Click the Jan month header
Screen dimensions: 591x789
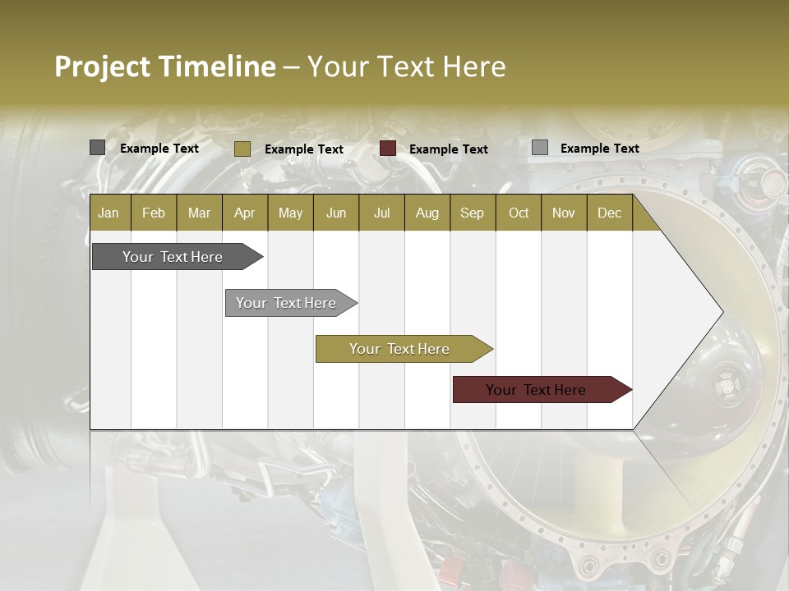click(109, 213)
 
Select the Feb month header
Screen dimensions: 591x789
click(154, 213)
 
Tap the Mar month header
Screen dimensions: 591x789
click(199, 213)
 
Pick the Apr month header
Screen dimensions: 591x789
click(245, 213)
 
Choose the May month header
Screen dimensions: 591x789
click(290, 213)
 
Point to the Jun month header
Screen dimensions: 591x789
click(336, 213)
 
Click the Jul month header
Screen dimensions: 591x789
click(381, 213)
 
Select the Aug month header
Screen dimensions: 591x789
click(427, 213)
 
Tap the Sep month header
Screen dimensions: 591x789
click(473, 213)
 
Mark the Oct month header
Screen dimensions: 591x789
click(519, 213)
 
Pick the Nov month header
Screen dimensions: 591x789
click(564, 213)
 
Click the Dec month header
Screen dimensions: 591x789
click(609, 213)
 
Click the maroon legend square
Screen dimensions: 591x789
click(388, 149)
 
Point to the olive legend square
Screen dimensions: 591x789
click(242, 149)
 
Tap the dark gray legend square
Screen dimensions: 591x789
click(97, 148)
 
